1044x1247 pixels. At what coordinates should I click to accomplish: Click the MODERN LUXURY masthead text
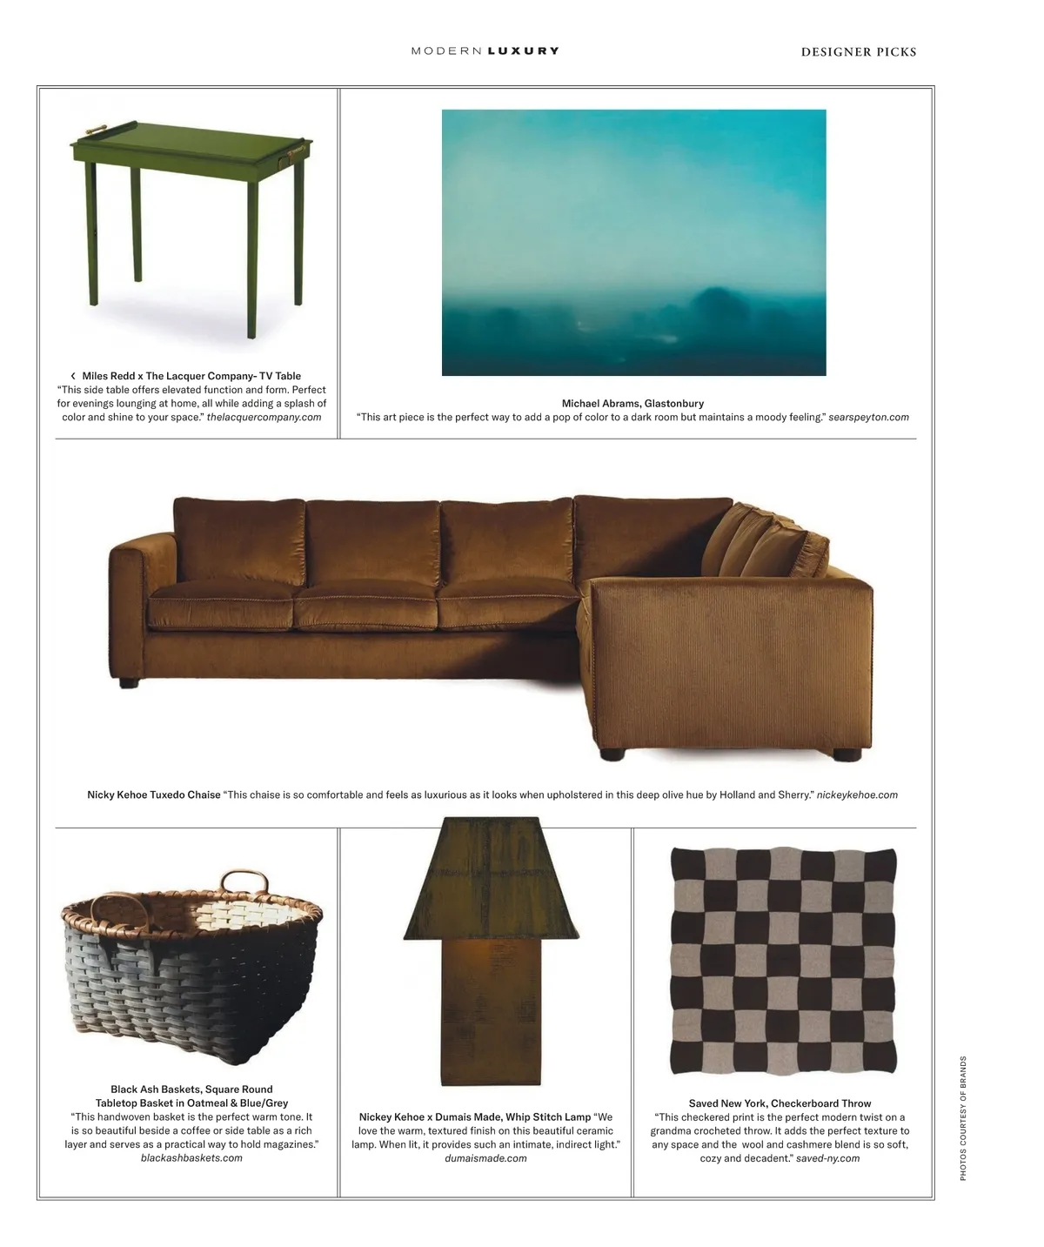[485, 51]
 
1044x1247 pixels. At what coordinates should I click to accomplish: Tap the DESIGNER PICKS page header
[858, 52]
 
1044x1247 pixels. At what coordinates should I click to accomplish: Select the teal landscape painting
[633, 242]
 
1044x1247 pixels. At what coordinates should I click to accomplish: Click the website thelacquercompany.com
[264, 418]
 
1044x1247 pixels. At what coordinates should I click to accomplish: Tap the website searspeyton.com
[868, 418]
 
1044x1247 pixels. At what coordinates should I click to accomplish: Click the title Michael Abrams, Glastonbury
[632, 404]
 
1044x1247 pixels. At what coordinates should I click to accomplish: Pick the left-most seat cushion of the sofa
[222, 607]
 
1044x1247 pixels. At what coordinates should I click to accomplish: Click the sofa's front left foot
[130, 683]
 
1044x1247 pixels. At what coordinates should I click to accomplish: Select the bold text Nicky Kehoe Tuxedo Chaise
[154, 795]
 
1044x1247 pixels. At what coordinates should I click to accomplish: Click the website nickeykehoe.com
[857, 795]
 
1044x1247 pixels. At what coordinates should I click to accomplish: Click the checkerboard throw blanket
[782, 961]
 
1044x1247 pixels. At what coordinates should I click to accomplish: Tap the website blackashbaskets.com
[191, 1158]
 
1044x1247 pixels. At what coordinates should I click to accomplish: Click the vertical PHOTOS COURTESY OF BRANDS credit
[963, 1118]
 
